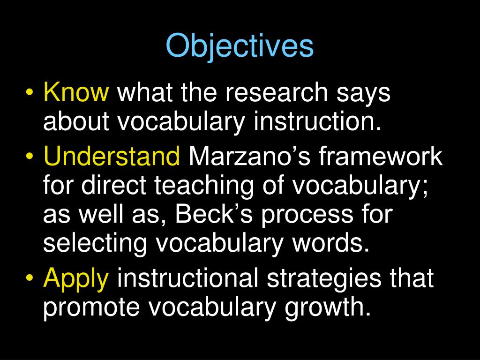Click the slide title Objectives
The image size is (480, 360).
240,46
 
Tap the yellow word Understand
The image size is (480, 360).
112,157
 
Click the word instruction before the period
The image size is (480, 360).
315,122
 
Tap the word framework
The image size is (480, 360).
381,157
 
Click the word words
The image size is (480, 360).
336,244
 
